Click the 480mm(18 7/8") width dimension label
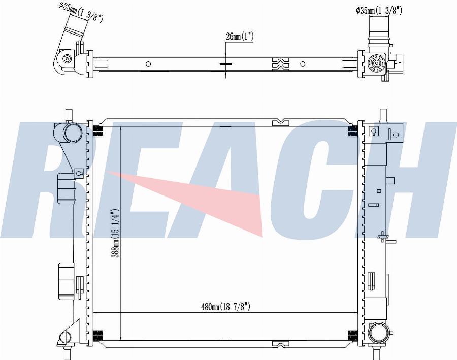225,306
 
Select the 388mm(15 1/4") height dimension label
116,233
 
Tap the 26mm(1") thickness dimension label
240,37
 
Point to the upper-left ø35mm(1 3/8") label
81,12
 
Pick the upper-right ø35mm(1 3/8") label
379,11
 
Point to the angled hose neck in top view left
75,28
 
